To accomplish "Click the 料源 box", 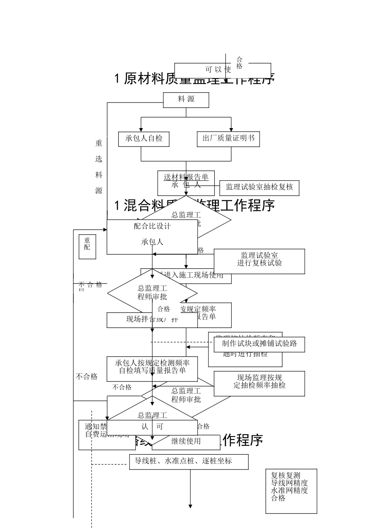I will pos(186,100).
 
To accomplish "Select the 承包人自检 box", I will pos(144,139).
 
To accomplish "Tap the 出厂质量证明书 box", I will pos(228,139).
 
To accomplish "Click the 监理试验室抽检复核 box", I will pos(259,187).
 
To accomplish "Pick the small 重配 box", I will pos(87,247).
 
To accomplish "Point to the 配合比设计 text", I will pos(152,226).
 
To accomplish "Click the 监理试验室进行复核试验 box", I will pos(259,261).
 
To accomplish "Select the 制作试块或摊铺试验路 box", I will pos(259,344).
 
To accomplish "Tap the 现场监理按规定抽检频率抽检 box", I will pos(259,383).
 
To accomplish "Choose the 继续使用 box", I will pos(186,442).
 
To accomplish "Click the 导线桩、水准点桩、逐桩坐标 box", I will pos(189,462).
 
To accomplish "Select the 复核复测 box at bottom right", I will pos(291,491).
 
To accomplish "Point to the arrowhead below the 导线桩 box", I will pos(190,506).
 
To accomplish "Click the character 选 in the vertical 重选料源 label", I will pos(99,159).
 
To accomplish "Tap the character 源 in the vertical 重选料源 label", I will pos(99,191).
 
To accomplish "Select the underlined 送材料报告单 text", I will pos(186,177).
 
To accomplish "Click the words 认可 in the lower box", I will pos(152,427).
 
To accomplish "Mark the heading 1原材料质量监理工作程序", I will pos(194,79).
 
